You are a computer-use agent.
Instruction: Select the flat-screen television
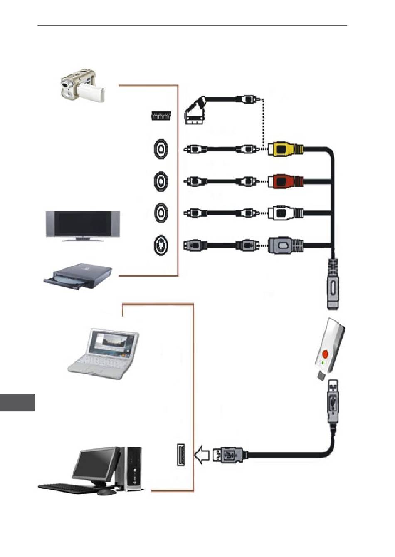[x=83, y=225]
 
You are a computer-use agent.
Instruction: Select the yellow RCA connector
[x=285, y=149]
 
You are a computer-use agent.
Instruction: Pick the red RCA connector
[x=285, y=181]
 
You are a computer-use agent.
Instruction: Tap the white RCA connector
[x=285, y=213]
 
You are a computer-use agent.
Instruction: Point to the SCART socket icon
[x=161, y=116]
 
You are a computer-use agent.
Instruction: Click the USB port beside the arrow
[x=181, y=455]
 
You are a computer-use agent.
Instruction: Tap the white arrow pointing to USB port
[x=202, y=455]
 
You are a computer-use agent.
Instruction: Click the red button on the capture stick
[x=325, y=354]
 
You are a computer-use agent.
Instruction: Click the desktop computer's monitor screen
[x=94, y=463]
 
